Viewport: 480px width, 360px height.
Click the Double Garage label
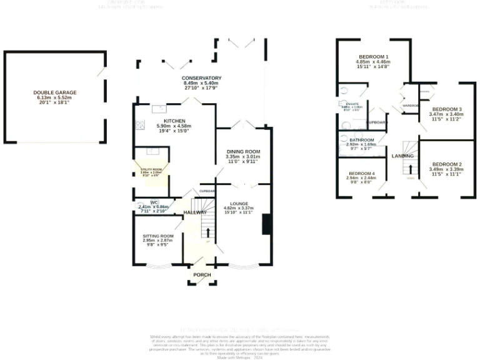click(55, 92)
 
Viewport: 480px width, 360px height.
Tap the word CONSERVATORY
click(194, 78)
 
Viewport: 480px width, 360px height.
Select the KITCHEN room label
click(174, 121)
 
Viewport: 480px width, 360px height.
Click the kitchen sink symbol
click(157, 109)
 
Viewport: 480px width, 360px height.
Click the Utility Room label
click(150, 169)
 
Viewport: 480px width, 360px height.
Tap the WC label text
click(154, 202)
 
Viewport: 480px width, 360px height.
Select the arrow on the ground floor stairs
click(207, 232)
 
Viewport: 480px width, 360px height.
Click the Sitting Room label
click(158, 236)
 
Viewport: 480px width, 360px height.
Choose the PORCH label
click(201, 275)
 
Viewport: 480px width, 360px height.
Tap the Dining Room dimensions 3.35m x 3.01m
click(242, 157)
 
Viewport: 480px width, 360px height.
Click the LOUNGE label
click(239, 204)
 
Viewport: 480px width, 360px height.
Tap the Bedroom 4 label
click(362, 173)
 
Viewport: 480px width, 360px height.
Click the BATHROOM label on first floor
click(361, 140)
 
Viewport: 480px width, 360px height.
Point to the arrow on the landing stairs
click(411, 167)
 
